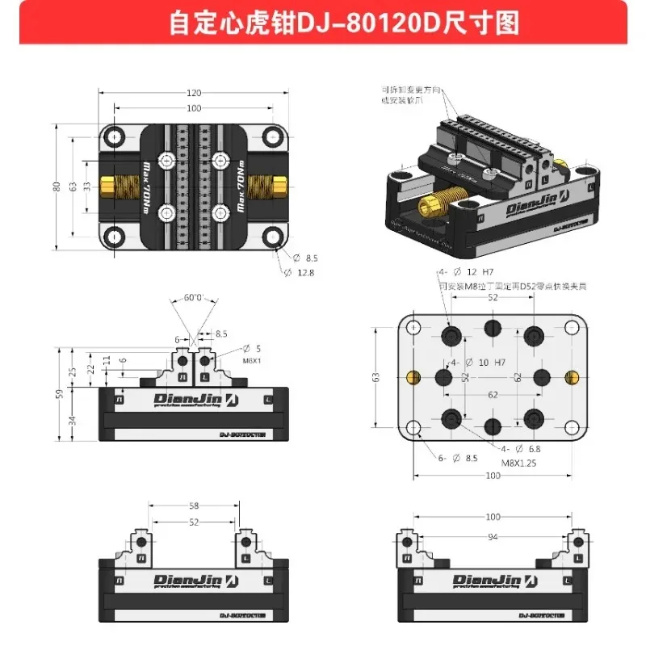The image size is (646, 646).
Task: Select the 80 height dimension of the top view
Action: [x=57, y=187]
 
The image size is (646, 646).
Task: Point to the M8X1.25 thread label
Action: [x=518, y=463]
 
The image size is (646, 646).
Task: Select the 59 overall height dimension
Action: [x=59, y=395]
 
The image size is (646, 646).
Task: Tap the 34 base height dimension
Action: [x=73, y=419]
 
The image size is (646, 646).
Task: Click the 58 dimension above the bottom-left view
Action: [x=194, y=505]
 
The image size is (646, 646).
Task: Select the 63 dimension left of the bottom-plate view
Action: [x=375, y=377]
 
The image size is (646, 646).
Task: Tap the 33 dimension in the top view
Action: [x=86, y=187]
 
